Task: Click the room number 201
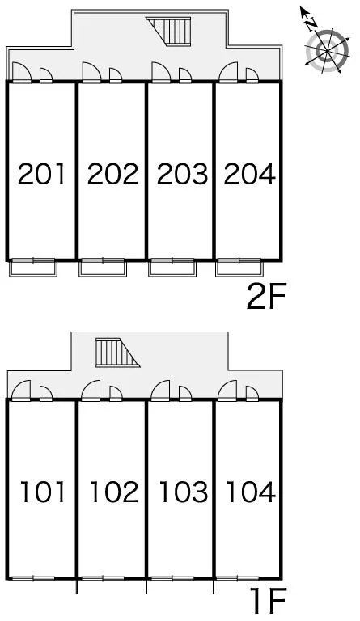41,174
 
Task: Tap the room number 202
113,174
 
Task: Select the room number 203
182,174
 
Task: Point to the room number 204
249,174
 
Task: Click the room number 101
42,492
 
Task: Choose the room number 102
114,492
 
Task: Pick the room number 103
184,492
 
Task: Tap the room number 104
251,492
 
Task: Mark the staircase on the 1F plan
117,353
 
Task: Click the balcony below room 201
33,268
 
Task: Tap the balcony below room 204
239,268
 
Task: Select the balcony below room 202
103,268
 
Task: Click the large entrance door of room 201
22,73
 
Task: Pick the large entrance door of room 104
227,391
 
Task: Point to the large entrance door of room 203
161,73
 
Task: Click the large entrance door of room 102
91,391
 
